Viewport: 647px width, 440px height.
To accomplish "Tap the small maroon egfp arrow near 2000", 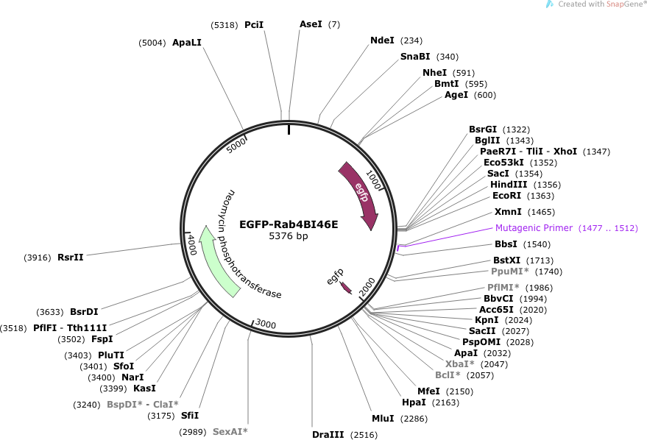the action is pyautogui.click(x=346, y=288).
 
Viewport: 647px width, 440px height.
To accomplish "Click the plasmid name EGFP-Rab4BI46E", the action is pyautogui.click(x=289, y=224).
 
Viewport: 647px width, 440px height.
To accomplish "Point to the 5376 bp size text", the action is pyautogui.click(x=289, y=236).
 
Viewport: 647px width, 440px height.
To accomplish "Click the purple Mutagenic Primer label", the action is pyautogui.click(x=534, y=228).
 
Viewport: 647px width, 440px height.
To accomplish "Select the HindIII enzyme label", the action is pyautogui.click(x=509, y=185).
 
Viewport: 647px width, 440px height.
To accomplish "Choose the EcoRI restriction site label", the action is pyautogui.click(x=506, y=196).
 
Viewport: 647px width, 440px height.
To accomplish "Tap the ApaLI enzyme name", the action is pyautogui.click(x=186, y=43).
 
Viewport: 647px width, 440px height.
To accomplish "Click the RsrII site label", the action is pyautogui.click(x=70, y=258).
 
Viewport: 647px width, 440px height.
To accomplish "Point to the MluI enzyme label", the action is pyautogui.click(x=383, y=419).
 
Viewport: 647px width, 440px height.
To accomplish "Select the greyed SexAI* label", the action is pyautogui.click(x=230, y=432).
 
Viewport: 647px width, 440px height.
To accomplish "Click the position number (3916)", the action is pyautogui.click(x=38, y=258).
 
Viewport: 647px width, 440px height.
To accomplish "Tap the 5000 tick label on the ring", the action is pyautogui.click(x=236, y=145).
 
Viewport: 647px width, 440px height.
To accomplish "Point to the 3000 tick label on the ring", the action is pyautogui.click(x=265, y=324).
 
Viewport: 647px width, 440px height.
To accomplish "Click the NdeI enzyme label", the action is pyautogui.click(x=382, y=40).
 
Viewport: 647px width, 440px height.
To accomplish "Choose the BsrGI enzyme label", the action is pyautogui.click(x=483, y=129).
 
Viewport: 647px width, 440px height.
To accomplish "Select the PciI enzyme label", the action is pyautogui.click(x=254, y=25).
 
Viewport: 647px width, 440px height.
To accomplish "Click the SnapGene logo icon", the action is pyautogui.click(x=550, y=4).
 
